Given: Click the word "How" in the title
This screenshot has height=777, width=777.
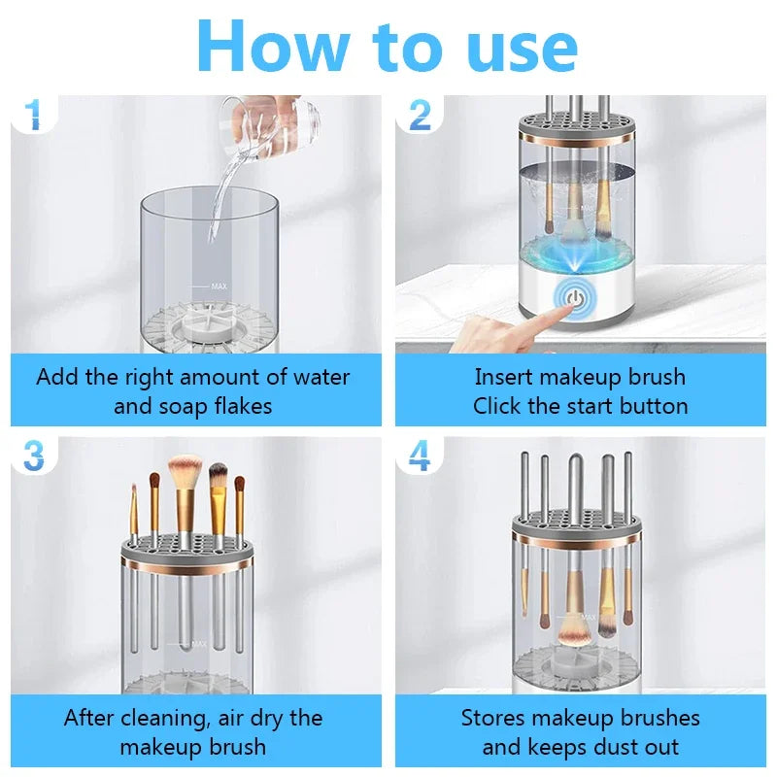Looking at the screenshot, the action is tap(273, 47).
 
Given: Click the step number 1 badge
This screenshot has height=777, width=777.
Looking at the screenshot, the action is tap(34, 115).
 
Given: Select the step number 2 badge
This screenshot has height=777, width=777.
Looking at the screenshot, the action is tap(421, 115).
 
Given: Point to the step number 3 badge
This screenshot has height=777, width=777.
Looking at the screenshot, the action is tap(34, 456).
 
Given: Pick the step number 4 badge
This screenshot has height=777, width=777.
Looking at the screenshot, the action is tap(420, 456).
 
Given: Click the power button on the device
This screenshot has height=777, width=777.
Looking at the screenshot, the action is tap(574, 299).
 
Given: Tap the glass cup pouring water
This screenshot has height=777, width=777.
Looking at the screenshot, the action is tap(270, 125).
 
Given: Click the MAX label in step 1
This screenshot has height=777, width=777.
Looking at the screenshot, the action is tap(220, 287).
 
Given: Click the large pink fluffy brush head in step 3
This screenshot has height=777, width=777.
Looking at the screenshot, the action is tap(185, 471).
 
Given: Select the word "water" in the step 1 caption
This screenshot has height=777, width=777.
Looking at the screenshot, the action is tap(321, 377).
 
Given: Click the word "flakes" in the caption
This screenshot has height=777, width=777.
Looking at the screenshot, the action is tap(244, 406).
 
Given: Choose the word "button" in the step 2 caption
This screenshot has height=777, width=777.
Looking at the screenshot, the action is tap(654, 406).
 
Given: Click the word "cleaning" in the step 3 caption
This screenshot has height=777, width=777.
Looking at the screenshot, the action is tap(162, 719).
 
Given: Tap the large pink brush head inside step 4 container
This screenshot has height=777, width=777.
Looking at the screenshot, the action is tap(572, 631).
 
